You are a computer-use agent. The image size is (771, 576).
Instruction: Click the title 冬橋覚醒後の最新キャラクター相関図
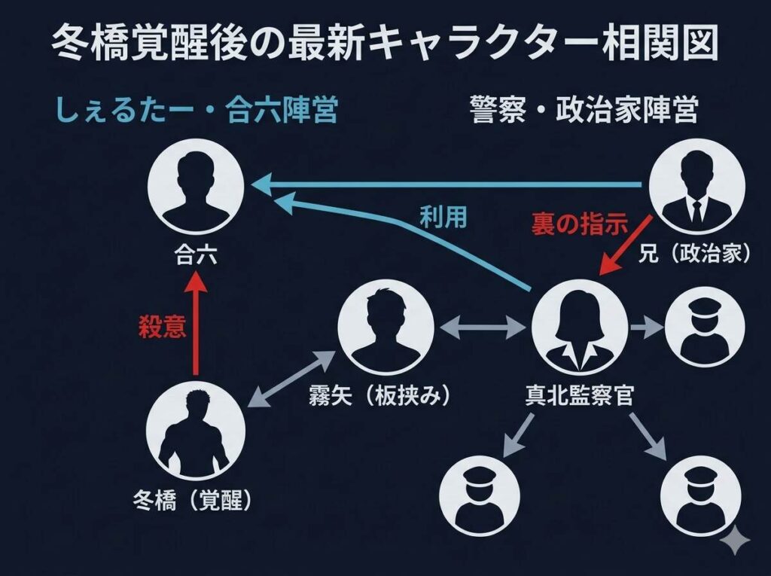click(385, 47)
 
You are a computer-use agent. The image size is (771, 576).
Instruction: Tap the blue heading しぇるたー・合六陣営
click(194, 111)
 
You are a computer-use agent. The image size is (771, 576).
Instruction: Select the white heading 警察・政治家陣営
click(583, 111)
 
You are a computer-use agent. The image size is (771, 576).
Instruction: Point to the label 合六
click(196, 256)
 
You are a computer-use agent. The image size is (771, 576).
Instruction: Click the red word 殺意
click(163, 328)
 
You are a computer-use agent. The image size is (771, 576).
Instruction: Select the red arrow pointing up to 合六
click(197, 324)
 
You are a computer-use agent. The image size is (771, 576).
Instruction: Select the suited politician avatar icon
click(696, 185)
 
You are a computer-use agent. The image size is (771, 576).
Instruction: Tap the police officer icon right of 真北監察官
click(705, 328)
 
